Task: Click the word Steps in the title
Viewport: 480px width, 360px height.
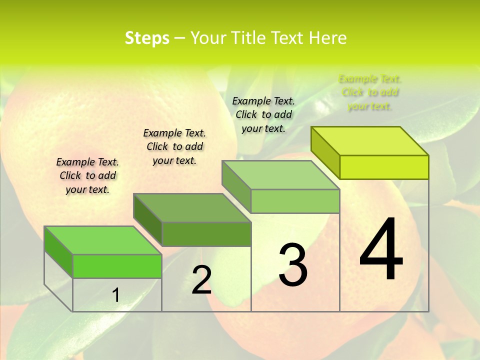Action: click(x=147, y=38)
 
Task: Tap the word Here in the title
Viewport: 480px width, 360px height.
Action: click(x=328, y=38)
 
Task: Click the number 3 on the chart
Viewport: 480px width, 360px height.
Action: click(x=293, y=265)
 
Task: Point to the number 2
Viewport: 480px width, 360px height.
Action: click(x=201, y=280)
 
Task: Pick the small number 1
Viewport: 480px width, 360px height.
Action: click(x=116, y=295)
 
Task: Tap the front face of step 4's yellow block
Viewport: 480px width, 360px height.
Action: click(x=384, y=167)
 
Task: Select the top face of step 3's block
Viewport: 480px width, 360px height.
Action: click(x=281, y=175)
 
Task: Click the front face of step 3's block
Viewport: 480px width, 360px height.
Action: click(x=295, y=201)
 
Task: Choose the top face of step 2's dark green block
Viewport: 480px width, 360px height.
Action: click(x=192, y=208)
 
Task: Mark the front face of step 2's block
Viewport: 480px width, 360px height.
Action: click(x=206, y=234)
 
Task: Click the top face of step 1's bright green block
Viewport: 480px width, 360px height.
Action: click(x=103, y=240)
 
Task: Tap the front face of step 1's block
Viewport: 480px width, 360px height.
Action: click(x=117, y=266)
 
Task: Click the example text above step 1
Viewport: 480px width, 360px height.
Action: click(x=87, y=175)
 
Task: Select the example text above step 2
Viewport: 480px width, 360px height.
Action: click(x=174, y=146)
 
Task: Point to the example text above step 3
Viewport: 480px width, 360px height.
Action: click(x=263, y=114)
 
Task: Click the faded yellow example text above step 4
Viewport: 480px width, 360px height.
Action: click(x=370, y=92)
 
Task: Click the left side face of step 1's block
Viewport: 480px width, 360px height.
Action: click(x=58, y=252)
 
